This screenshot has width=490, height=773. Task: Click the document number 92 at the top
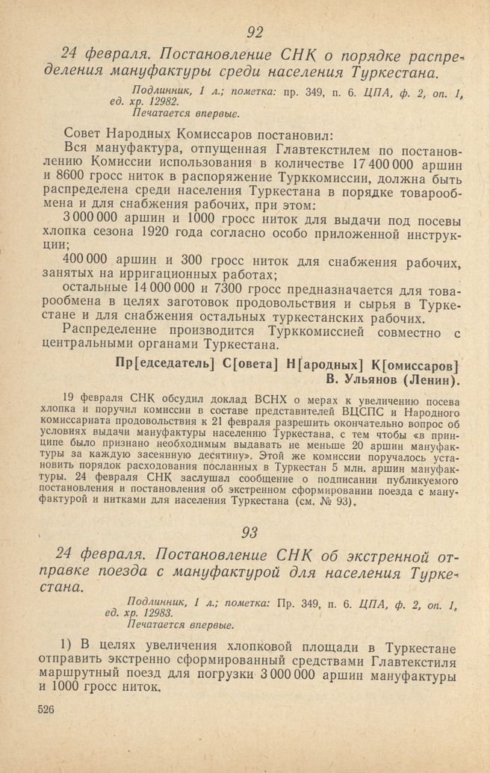(254, 31)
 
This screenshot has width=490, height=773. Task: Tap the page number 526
(47, 711)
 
